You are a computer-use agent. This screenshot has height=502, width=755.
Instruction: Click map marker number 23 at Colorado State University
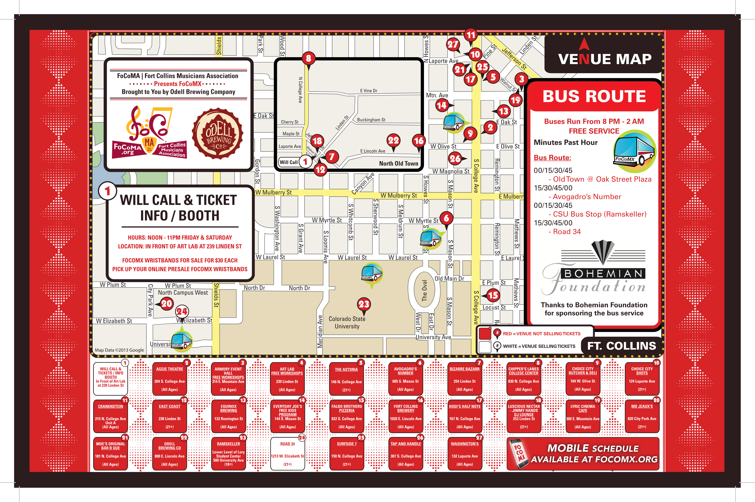coord(364,304)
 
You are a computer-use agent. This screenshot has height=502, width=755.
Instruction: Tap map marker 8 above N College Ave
coord(308,58)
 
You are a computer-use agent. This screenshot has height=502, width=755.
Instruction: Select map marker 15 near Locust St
coord(493,295)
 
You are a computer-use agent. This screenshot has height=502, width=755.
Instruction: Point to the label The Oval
coord(424,290)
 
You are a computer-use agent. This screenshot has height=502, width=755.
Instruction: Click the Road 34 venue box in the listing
coord(287,454)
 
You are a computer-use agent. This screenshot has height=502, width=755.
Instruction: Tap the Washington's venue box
coord(464,454)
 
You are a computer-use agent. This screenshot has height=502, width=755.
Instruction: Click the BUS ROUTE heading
coord(594,96)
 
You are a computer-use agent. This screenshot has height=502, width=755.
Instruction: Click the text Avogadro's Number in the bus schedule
coord(587,197)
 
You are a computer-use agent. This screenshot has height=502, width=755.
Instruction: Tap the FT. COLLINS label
coord(621,346)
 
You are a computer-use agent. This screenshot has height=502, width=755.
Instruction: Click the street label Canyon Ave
coord(363,184)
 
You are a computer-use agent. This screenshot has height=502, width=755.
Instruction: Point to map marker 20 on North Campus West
coord(167,303)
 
